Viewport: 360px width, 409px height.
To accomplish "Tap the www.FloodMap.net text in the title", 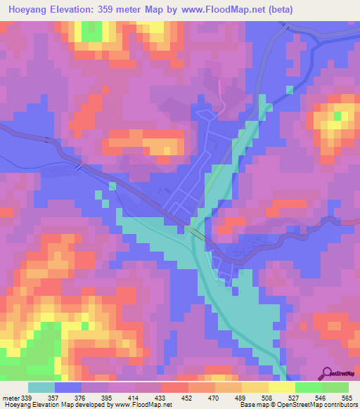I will click(x=219, y=9).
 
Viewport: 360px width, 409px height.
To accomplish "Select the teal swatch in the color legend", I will click(x=41, y=387).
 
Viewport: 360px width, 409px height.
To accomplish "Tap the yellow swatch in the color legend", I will click(x=281, y=387).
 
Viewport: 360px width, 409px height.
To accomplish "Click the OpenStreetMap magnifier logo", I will click(x=326, y=374).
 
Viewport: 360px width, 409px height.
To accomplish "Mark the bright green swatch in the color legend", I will click(x=307, y=387).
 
